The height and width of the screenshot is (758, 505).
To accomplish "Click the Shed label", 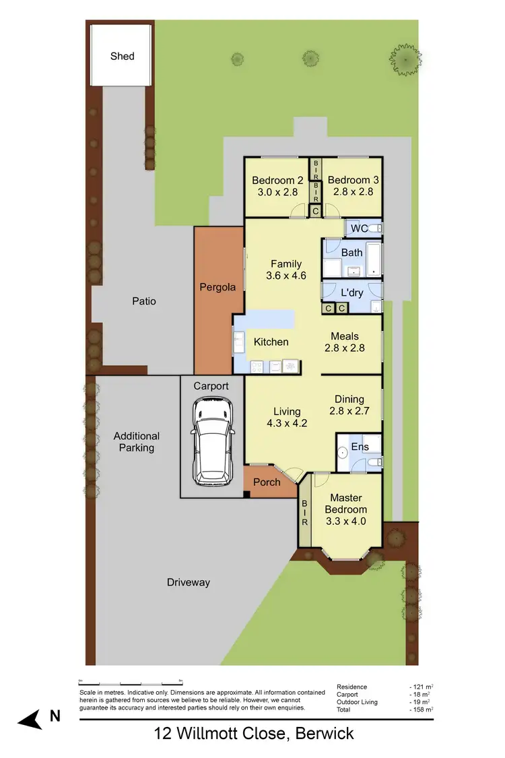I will click(x=123, y=57).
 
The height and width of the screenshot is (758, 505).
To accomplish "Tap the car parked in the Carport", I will click(x=211, y=442).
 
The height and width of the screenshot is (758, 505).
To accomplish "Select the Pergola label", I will click(x=217, y=287).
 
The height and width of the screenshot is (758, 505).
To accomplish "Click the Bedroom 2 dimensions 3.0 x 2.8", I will click(x=277, y=192).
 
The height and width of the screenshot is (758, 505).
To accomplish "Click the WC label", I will click(x=359, y=228).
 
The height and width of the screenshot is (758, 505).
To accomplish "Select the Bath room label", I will click(x=351, y=253).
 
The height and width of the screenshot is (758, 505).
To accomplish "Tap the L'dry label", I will click(x=352, y=294).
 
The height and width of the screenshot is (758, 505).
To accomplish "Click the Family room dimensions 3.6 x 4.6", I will click(x=286, y=276).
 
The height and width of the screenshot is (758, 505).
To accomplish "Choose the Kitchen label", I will click(x=271, y=342).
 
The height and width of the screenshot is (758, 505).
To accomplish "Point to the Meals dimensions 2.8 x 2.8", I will click(x=344, y=348).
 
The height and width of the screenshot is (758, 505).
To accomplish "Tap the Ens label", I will click(x=360, y=446).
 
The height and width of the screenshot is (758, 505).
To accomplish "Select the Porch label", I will click(x=267, y=482).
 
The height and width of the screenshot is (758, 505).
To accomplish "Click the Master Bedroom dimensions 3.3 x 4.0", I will click(x=347, y=522).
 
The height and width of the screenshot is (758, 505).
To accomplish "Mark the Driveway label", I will click(x=189, y=582).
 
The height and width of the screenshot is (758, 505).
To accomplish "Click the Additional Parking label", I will click(x=137, y=442).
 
